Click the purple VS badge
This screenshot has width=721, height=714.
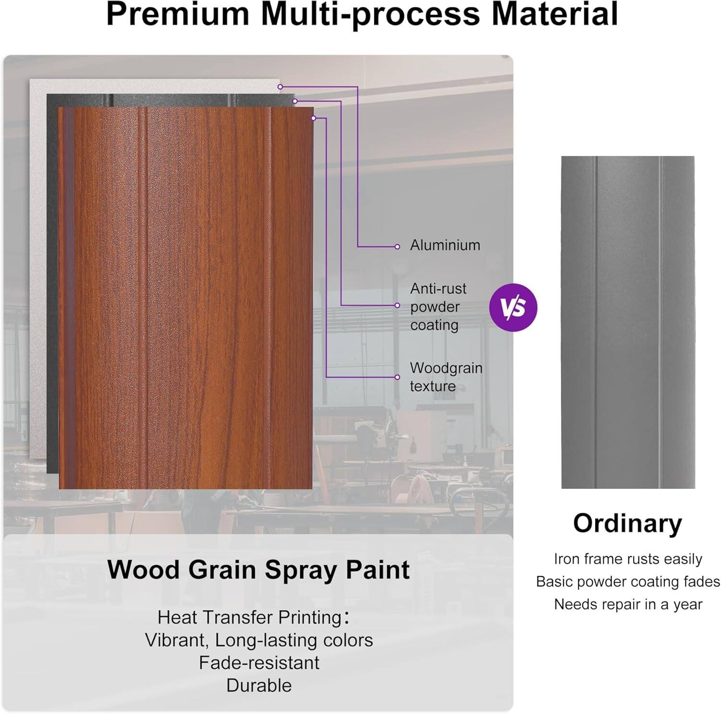[x=513, y=307]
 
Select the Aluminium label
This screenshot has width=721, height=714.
[x=445, y=245]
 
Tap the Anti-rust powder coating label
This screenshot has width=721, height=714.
[x=438, y=306]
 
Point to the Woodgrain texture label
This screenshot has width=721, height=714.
[x=446, y=377]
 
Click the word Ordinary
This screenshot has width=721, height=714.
[x=627, y=523]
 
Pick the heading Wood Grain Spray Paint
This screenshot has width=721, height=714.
[x=259, y=570]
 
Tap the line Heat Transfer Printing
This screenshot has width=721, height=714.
[x=253, y=617]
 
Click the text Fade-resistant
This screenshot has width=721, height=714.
[x=259, y=663]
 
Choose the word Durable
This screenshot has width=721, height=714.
[x=259, y=685]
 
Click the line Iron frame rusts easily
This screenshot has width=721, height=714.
[x=628, y=559]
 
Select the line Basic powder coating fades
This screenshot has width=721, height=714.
[x=628, y=582]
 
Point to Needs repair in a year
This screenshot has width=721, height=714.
[x=628, y=604]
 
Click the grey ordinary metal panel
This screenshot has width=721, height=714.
[x=628, y=322]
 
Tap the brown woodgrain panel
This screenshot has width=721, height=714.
[x=187, y=298]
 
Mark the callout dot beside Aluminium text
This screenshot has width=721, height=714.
[x=397, y=247]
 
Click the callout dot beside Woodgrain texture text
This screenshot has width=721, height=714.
[x=397, y=377]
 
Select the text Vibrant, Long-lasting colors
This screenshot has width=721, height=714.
[x=259, y=640]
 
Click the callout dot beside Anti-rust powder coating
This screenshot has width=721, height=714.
[x=397, y=306]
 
